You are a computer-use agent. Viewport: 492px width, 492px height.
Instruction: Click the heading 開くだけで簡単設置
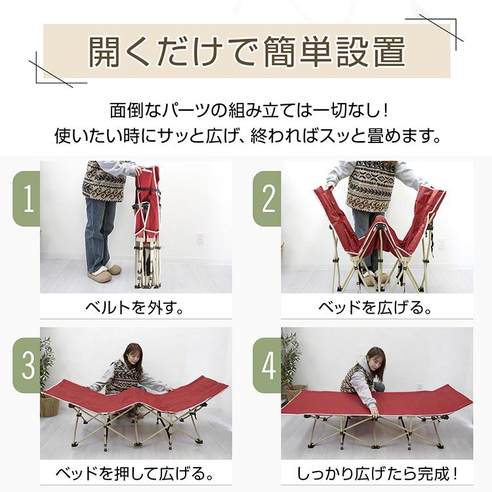coord(246,52)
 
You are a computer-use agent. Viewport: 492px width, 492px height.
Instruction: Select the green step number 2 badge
coord(268,199)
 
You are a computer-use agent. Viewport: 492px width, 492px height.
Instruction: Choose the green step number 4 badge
coord(268,365)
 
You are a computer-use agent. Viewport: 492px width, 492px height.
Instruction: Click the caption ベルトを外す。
coord(134,306)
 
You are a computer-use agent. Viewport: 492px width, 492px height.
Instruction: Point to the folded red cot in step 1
coord(148,223)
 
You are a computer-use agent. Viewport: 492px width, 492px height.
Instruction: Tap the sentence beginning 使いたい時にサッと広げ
coord(246,137)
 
